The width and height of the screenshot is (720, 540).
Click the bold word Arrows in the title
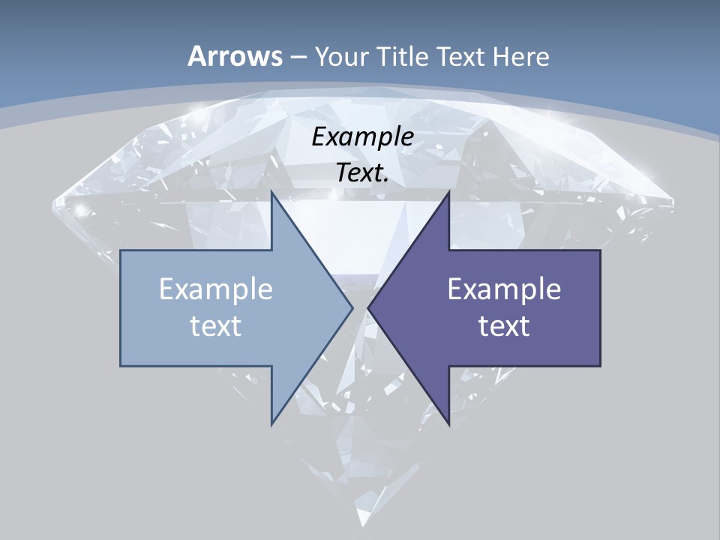tap(235, 56)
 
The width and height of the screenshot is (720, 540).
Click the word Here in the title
tap(520, 56)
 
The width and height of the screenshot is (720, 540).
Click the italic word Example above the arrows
tap(362, 137)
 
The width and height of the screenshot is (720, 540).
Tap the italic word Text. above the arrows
tap(362, 173)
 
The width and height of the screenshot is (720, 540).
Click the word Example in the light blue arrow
tap(216, 289)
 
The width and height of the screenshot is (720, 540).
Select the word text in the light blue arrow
tap(216, 325)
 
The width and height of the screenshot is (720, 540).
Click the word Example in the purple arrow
tap(504, 289)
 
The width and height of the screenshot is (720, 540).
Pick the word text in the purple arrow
tap(504, 325)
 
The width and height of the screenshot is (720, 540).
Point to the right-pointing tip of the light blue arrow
tap(352, 307)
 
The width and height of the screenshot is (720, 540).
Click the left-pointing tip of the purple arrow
tap(368, 307)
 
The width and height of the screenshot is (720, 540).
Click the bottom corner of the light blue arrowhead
tap(271, 424)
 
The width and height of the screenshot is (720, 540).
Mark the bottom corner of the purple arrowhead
tap(448, 424)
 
